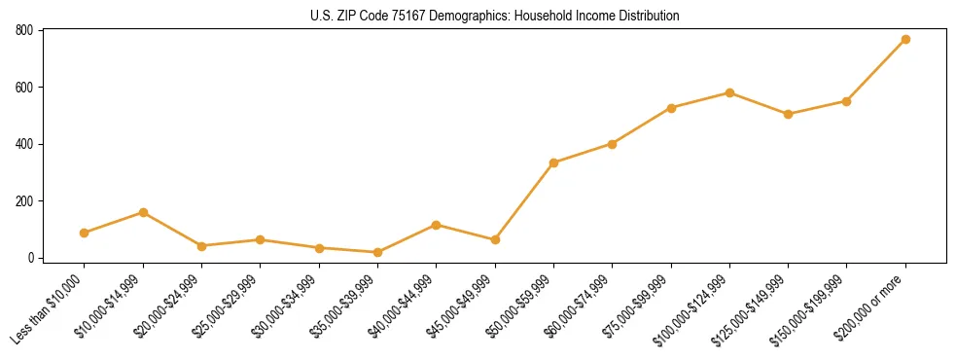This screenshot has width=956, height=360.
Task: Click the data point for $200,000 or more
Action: [x=905, y=39]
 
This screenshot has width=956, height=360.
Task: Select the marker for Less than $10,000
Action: [x=85, y=233]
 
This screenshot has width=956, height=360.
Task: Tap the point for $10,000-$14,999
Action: [x=143, y=212]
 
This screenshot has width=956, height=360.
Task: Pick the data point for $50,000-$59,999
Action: [x=553, y=162]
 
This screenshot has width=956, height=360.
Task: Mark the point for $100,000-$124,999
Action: [x=729, y=92]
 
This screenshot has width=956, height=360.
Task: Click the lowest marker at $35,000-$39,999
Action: [x=377, y=252]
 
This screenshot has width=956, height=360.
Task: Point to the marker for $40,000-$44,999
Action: [x=436, y=225]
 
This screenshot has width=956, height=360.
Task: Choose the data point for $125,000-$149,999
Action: [x=788, y=114]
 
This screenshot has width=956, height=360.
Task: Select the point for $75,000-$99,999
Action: [x=671, y=107]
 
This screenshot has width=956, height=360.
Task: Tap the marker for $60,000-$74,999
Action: [x=612, y=144]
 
